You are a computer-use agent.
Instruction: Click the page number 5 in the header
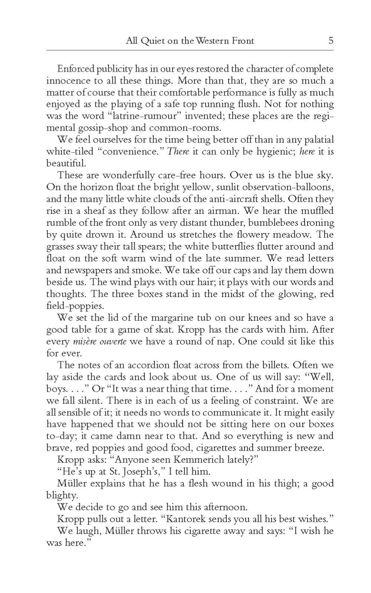click(x=331, y=40)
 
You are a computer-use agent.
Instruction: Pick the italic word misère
click(x=83, y=342)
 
